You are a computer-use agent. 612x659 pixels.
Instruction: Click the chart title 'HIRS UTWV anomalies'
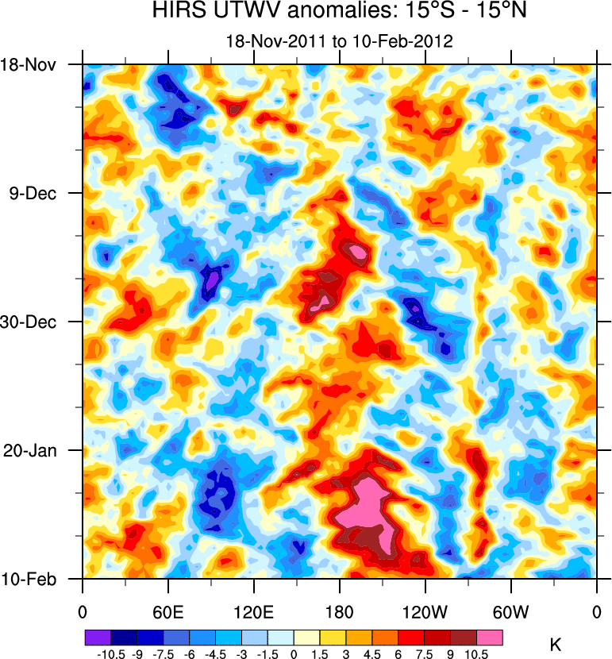[339, 13]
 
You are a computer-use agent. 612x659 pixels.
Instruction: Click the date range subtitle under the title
[339, 42]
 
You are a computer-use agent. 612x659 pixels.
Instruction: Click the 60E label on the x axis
[167, 612]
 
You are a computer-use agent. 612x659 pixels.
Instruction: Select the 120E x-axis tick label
[253, 612]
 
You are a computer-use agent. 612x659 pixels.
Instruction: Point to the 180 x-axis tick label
[339, 612]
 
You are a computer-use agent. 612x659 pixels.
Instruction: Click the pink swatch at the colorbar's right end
[490, 638]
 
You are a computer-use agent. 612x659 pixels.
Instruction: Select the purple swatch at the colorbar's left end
[98, 638]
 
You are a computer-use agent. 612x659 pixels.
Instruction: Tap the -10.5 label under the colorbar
[110, 653]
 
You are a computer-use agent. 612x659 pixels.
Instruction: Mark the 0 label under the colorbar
[294, 653]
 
